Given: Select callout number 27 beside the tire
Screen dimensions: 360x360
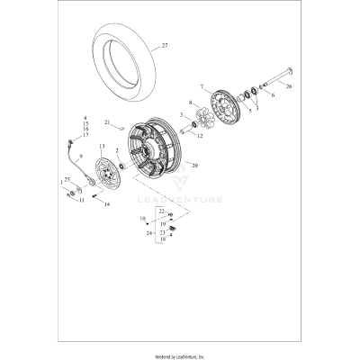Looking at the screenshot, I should pyautogui.click(x=165, y=44).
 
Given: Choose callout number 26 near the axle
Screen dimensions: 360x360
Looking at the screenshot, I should pyautogui.click(x=290, y=87).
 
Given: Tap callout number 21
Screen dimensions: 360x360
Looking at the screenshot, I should pyautogui.click(x=105, y=121).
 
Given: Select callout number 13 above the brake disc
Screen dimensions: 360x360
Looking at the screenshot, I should pyautogui.click(x=101, y=146).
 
